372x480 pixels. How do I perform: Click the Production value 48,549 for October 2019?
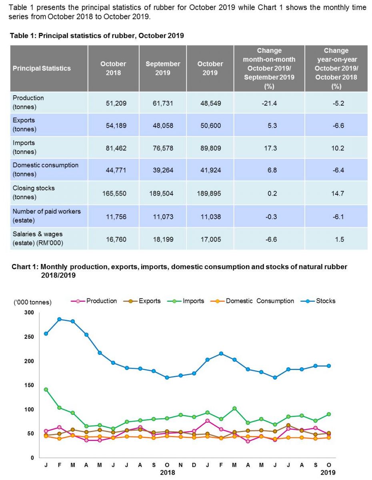coord(210,103)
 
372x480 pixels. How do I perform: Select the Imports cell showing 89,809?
coord(210,148)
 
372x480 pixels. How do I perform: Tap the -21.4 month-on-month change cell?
coord(269,103)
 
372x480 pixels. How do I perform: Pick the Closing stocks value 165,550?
coord(113,193)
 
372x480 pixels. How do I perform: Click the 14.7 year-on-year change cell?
coord(336,193)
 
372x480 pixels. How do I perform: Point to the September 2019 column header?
coord(163,68)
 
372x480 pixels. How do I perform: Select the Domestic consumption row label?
coord(45,170)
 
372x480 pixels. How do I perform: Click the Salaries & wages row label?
coord(38,238)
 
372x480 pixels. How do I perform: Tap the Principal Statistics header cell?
coord(42,68)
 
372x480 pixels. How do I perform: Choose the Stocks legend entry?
coord(326,301)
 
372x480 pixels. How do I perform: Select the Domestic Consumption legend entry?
coord(260,301)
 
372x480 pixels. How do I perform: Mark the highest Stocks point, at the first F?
coord(59,319)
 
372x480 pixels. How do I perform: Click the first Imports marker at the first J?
coord(46,389)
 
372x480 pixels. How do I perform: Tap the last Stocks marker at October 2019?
coord(328,366)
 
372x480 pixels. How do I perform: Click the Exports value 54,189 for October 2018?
coord(113,126)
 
